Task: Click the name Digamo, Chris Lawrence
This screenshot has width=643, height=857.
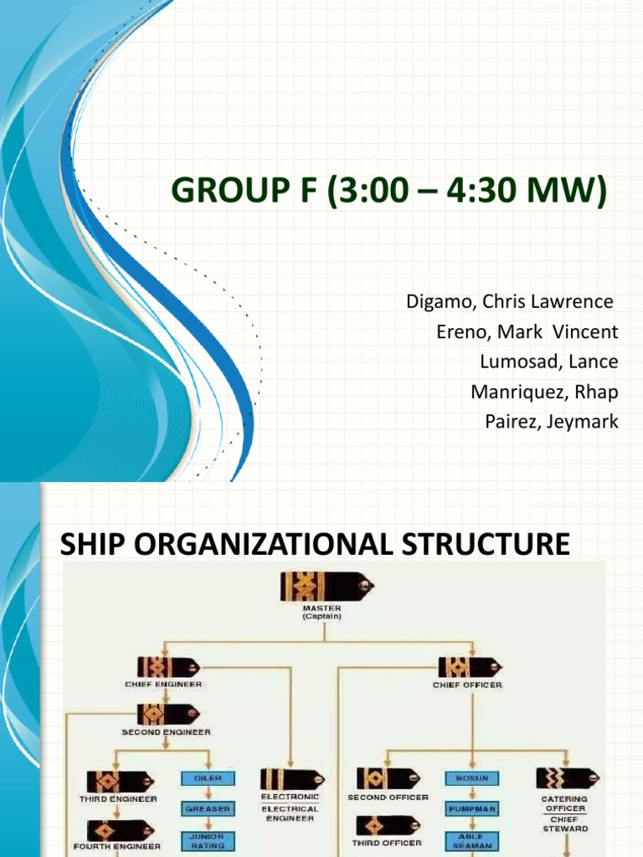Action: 510,301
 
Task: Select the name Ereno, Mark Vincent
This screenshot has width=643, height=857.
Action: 527,331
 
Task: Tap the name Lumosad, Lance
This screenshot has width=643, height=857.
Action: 549,362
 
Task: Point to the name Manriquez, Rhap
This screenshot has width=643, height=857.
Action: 544,392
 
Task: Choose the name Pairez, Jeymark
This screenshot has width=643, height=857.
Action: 552,422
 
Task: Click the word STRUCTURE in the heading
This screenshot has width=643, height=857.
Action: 486,544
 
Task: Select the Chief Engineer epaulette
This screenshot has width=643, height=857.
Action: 168,667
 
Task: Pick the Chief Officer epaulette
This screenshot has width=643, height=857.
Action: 471,667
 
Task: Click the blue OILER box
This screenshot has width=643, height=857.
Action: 208,778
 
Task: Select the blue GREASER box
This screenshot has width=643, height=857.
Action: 208,808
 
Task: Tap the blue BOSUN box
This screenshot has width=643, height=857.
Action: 472,777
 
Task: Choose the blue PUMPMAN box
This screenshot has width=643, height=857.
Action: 472,808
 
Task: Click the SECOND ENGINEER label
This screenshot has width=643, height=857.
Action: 166,731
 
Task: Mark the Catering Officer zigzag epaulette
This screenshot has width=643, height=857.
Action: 568,777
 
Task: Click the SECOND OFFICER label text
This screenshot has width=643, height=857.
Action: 388,798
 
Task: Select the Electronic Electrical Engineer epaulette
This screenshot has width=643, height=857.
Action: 292,779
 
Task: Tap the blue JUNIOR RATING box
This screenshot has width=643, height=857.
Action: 208,840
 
